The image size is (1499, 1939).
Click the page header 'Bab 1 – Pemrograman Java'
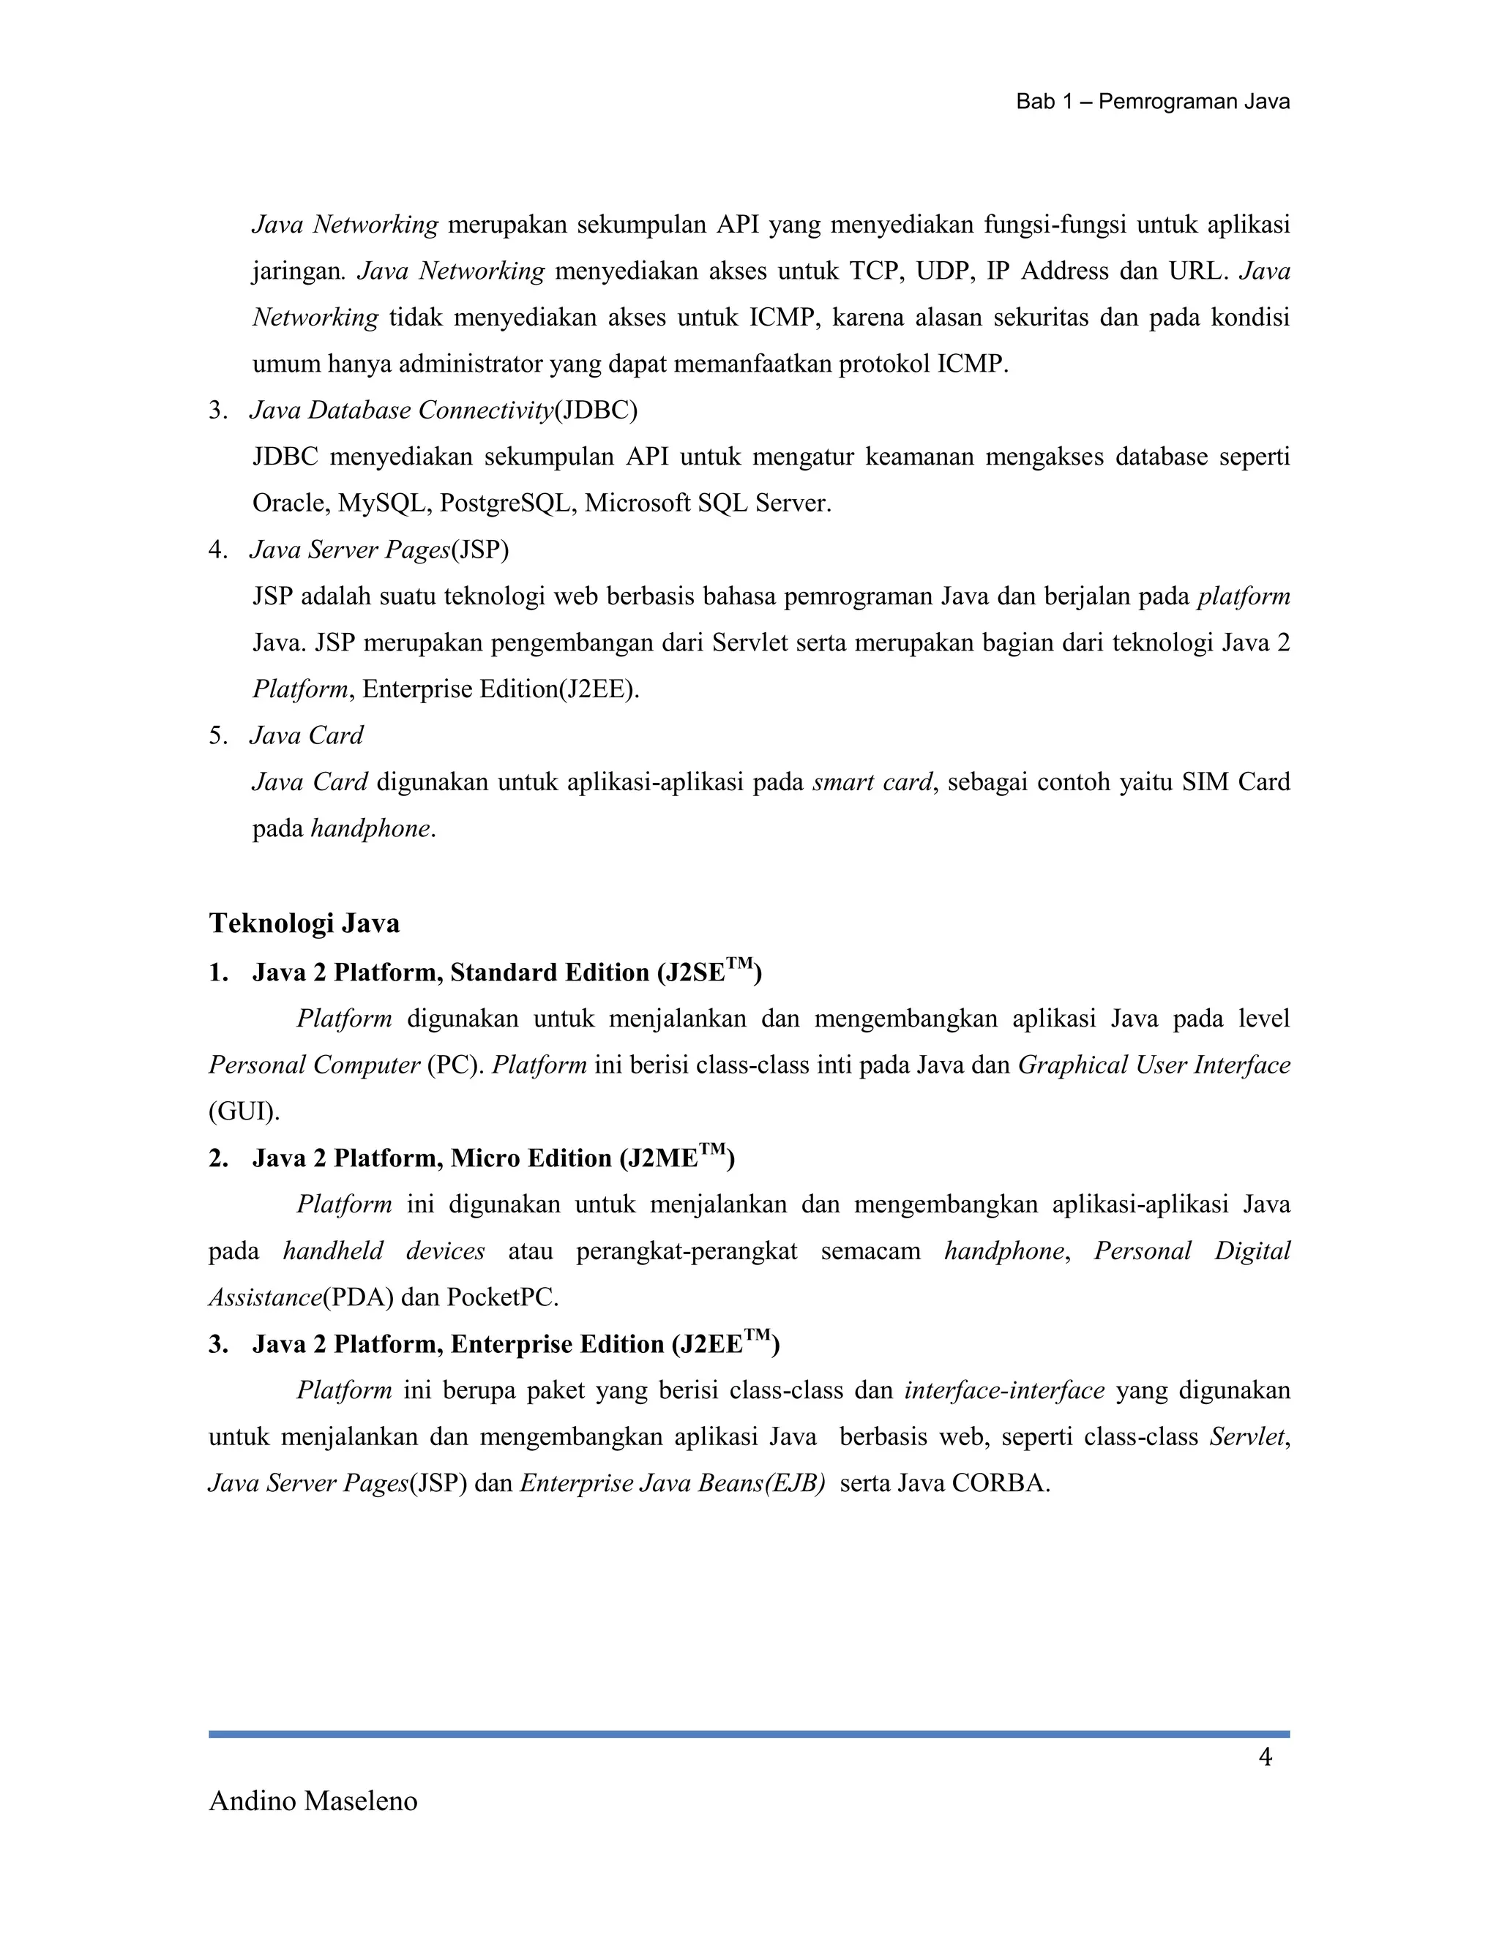coord(1152,102)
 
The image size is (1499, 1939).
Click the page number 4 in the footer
coord(1266,1757)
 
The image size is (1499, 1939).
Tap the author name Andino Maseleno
coord(313,1801)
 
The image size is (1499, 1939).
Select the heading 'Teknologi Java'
coord(304,923)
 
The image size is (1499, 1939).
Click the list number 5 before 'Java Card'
coord(216,736)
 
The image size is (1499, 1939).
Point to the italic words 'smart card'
coord(872,782)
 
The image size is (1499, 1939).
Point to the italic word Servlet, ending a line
coord(1249,1437)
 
